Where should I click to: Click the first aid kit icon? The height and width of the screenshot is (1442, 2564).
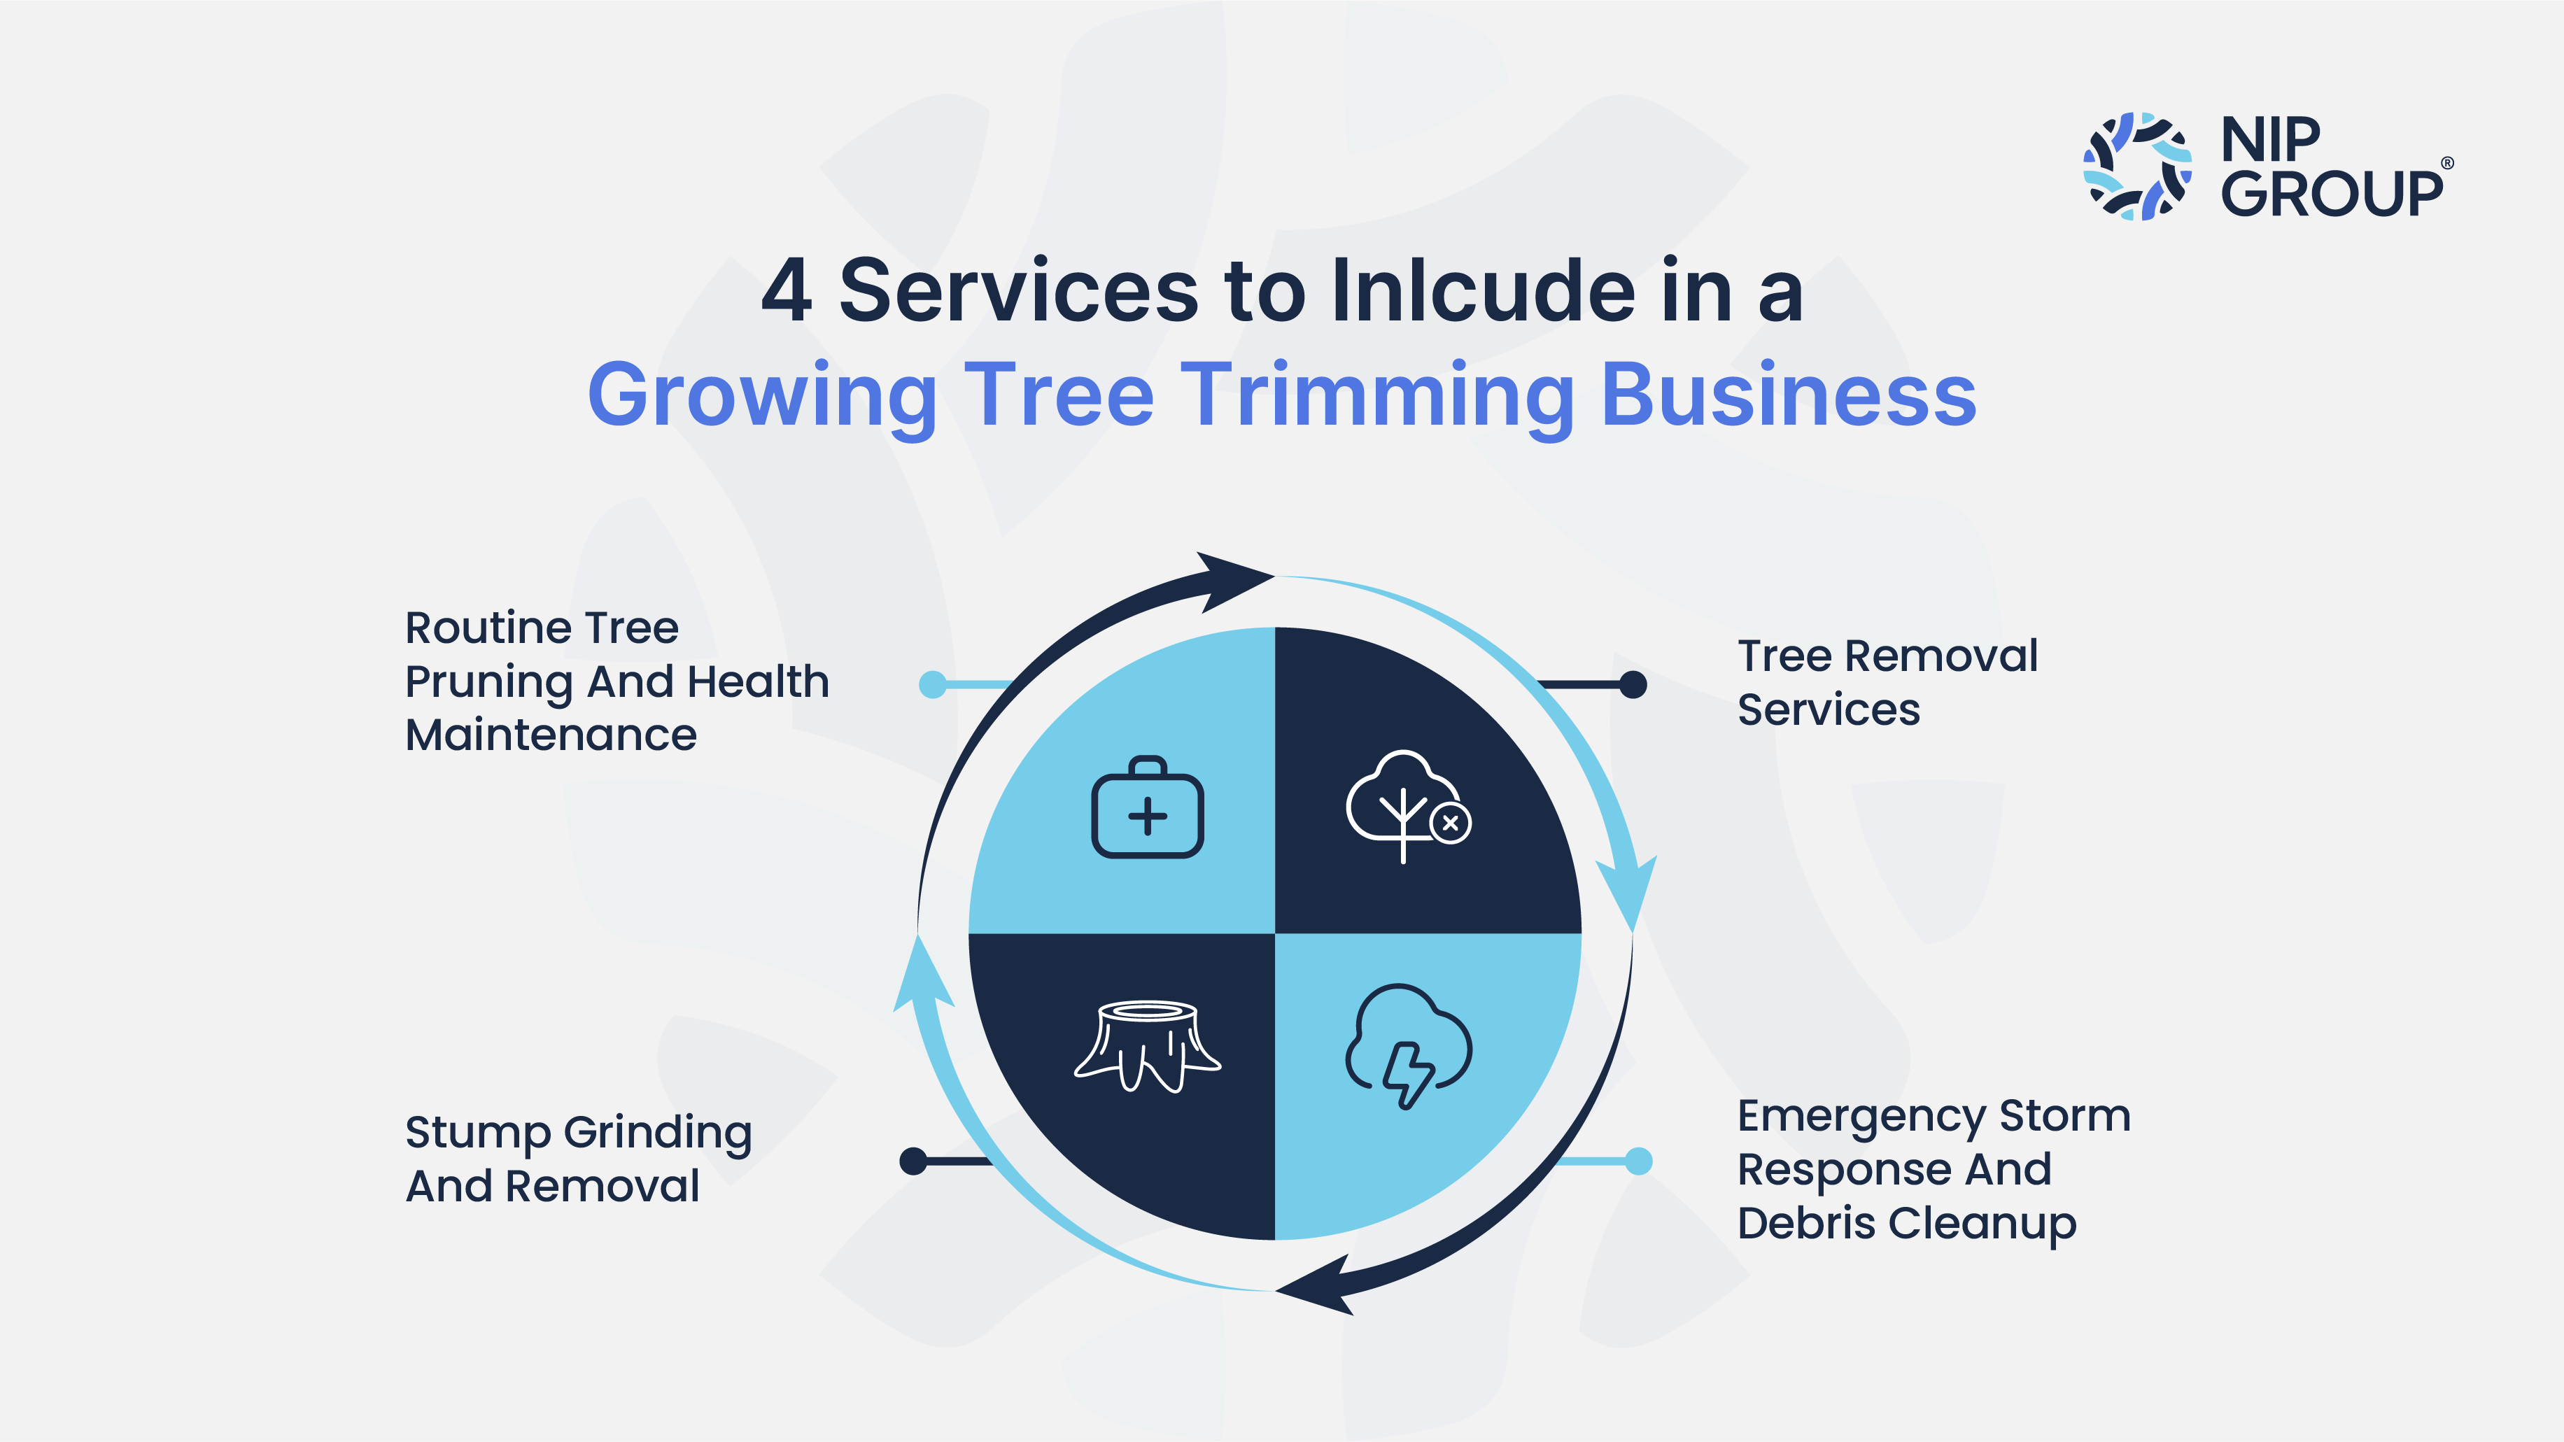[1148, 807]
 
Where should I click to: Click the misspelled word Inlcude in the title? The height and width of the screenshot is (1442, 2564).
[1482, 290]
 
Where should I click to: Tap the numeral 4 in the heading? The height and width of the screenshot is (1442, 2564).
[787, 290]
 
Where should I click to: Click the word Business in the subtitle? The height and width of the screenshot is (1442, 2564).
[1789, 395]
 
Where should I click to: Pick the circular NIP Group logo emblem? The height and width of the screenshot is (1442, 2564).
[2137, 167]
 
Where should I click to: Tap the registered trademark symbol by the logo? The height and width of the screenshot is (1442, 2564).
[2448, 163]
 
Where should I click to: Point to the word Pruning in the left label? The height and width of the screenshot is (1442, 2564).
[488, 684]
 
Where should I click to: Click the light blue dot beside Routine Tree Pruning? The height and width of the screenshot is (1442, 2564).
[933, 685]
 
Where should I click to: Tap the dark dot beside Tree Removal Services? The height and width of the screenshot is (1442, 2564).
[1633, 685]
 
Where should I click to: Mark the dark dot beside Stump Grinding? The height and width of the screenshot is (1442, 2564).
[913, 1160]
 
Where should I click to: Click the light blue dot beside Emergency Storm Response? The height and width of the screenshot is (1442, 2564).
[1638, 1160]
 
